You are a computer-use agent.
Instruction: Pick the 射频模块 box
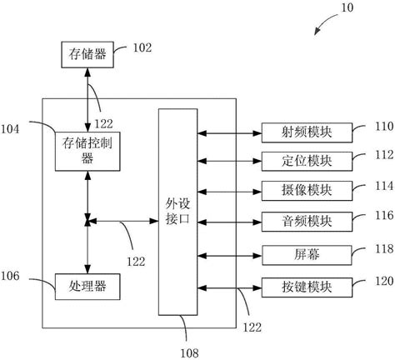(295, 131)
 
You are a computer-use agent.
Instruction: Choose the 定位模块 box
(295, 161)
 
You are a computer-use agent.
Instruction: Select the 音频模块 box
(295, 221)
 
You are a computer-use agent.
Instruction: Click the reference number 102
(142, 47)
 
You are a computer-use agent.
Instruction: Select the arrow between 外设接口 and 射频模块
(231, 131)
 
